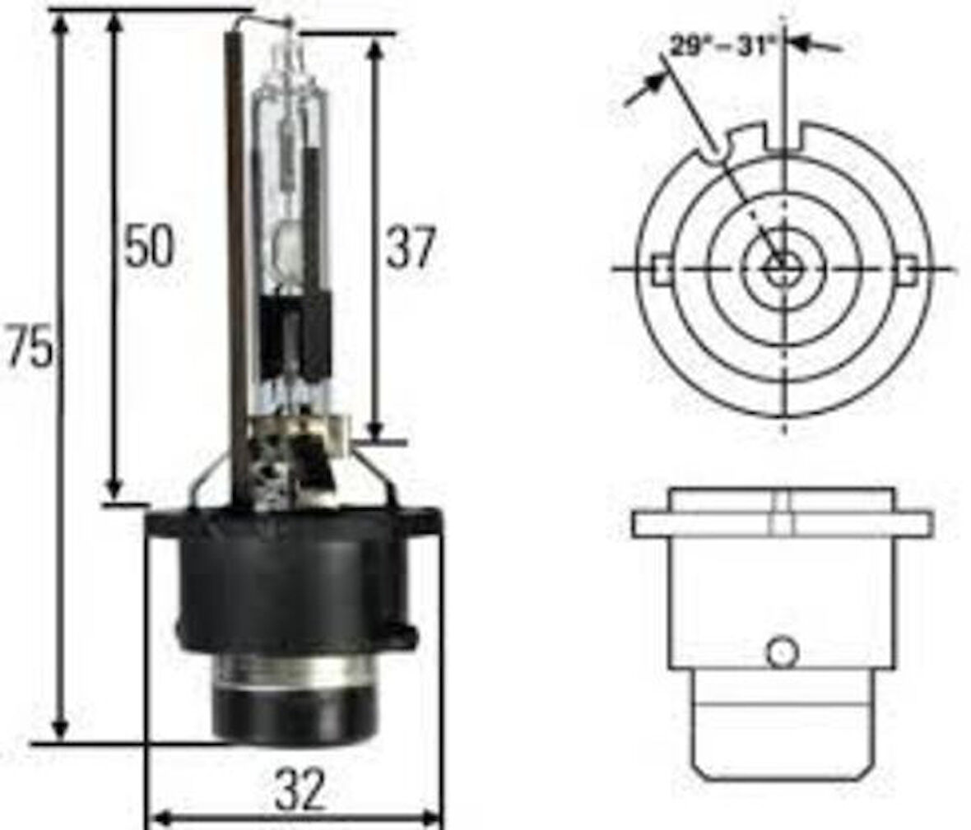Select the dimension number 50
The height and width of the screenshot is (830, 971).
[149, 245]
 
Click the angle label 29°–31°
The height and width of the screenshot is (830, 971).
[722, 45]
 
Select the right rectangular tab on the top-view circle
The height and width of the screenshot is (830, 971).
[906, 270]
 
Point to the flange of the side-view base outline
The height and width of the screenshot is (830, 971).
[783, 525]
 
